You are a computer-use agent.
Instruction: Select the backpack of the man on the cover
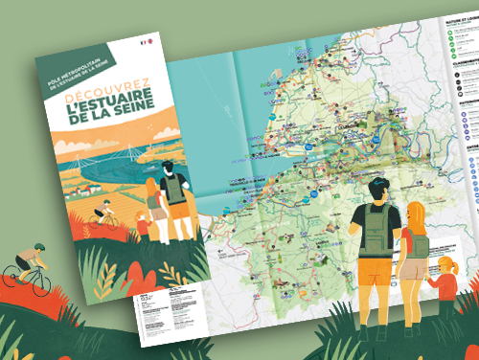click(175, 188)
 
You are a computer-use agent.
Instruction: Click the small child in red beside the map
click(446, 278)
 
